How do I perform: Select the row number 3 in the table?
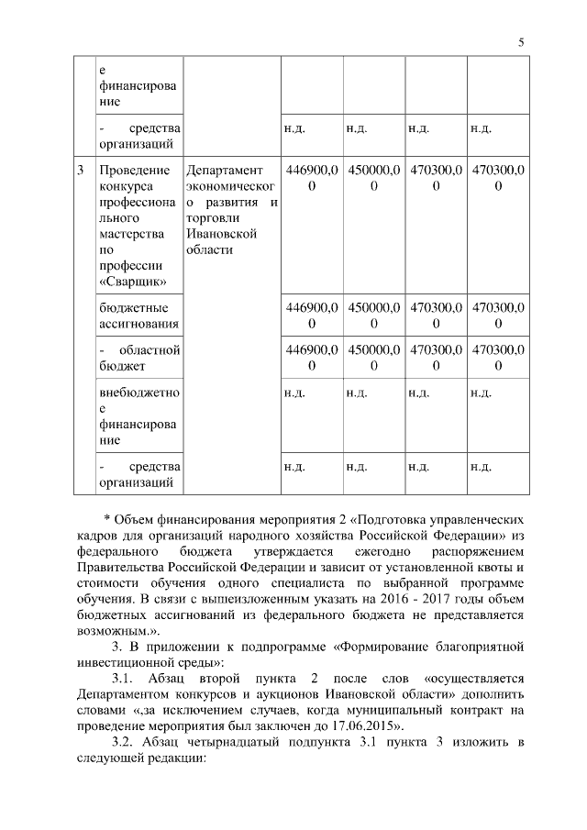(82, 170)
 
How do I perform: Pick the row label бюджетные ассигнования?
(138, 315)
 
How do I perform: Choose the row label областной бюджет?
(138, 358)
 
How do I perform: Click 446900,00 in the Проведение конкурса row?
(312, 178)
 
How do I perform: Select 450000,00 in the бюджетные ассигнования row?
(373, 315)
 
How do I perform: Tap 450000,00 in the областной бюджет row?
(373, 358)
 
